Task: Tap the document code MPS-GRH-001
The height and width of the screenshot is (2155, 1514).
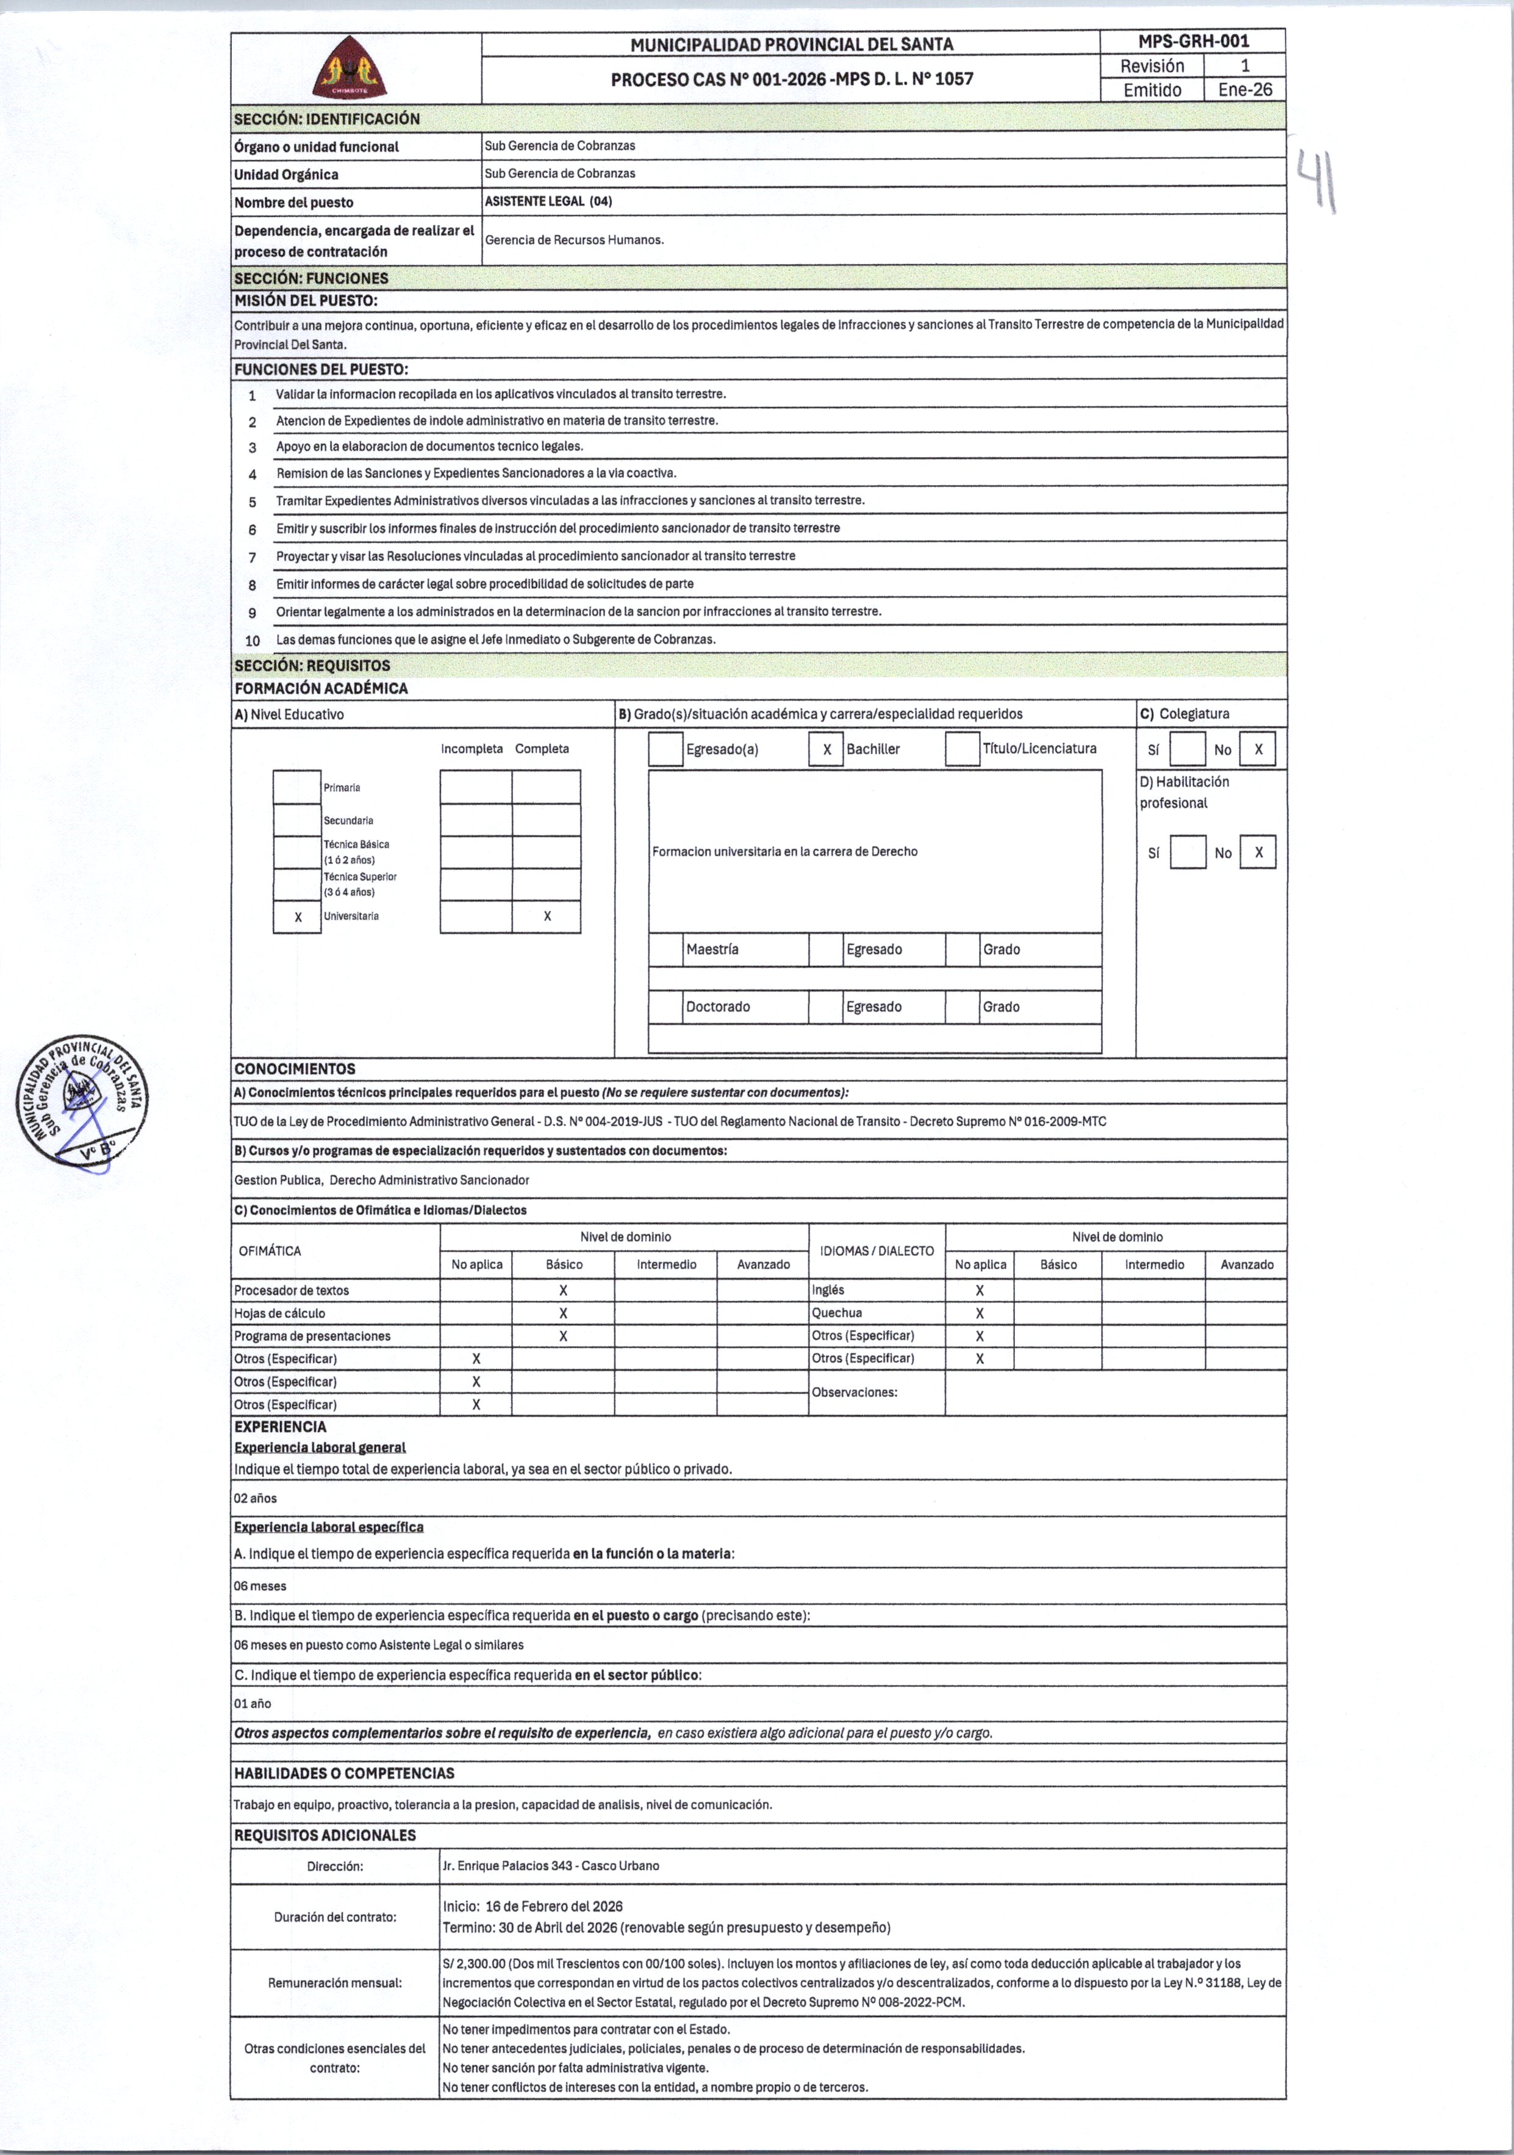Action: [1193, 41]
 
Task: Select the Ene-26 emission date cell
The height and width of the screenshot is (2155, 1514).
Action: [1244, 90]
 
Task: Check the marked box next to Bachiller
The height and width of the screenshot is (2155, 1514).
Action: [826, 750]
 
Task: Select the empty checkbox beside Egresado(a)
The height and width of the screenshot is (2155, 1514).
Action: [666, 750]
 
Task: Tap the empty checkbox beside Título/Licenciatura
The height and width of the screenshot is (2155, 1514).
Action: [962, 750]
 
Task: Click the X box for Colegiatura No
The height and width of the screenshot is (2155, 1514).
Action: [1258, 750]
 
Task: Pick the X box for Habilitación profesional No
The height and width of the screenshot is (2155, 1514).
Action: [1258, 852]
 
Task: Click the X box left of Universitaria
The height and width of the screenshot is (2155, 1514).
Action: [298, 917]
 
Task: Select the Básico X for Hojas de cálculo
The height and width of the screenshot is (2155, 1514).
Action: [563, 1313]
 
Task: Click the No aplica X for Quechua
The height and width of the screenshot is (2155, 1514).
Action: [980, 1313]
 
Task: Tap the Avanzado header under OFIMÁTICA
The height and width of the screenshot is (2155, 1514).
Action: [763, 1264]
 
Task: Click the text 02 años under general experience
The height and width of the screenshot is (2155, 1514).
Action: [256, 1498]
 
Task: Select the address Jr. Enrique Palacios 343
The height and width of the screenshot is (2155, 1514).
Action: [550, 1866]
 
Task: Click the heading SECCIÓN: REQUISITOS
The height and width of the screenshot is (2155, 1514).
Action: [312, 666]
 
